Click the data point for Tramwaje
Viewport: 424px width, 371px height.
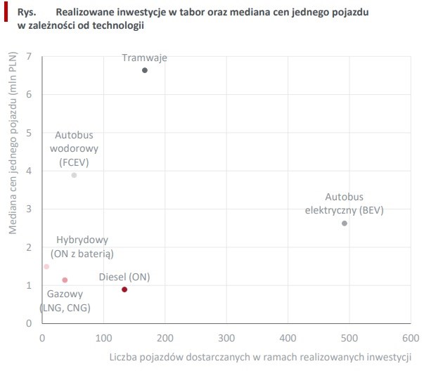[x=145, y=70]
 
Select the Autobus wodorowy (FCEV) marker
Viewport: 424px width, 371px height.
[x=74, y=175]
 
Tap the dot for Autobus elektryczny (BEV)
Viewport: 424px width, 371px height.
[x=345, y=223]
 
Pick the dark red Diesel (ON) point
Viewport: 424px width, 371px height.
[x=124, y=289]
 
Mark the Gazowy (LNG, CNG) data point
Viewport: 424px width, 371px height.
[x=65, y=280]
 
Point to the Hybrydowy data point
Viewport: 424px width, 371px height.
[x=46, y=266]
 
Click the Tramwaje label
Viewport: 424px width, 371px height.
[x=144, y=58]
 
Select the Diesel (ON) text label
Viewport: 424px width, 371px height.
[x=124, y=276]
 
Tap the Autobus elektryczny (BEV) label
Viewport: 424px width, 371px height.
[x=345, y=204]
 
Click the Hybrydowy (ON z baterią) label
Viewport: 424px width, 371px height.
[x=82, y=247]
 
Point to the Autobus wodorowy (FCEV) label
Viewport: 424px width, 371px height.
[x=74, y=148]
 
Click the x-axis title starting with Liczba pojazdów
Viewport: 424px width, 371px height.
[x=259, y=356]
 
